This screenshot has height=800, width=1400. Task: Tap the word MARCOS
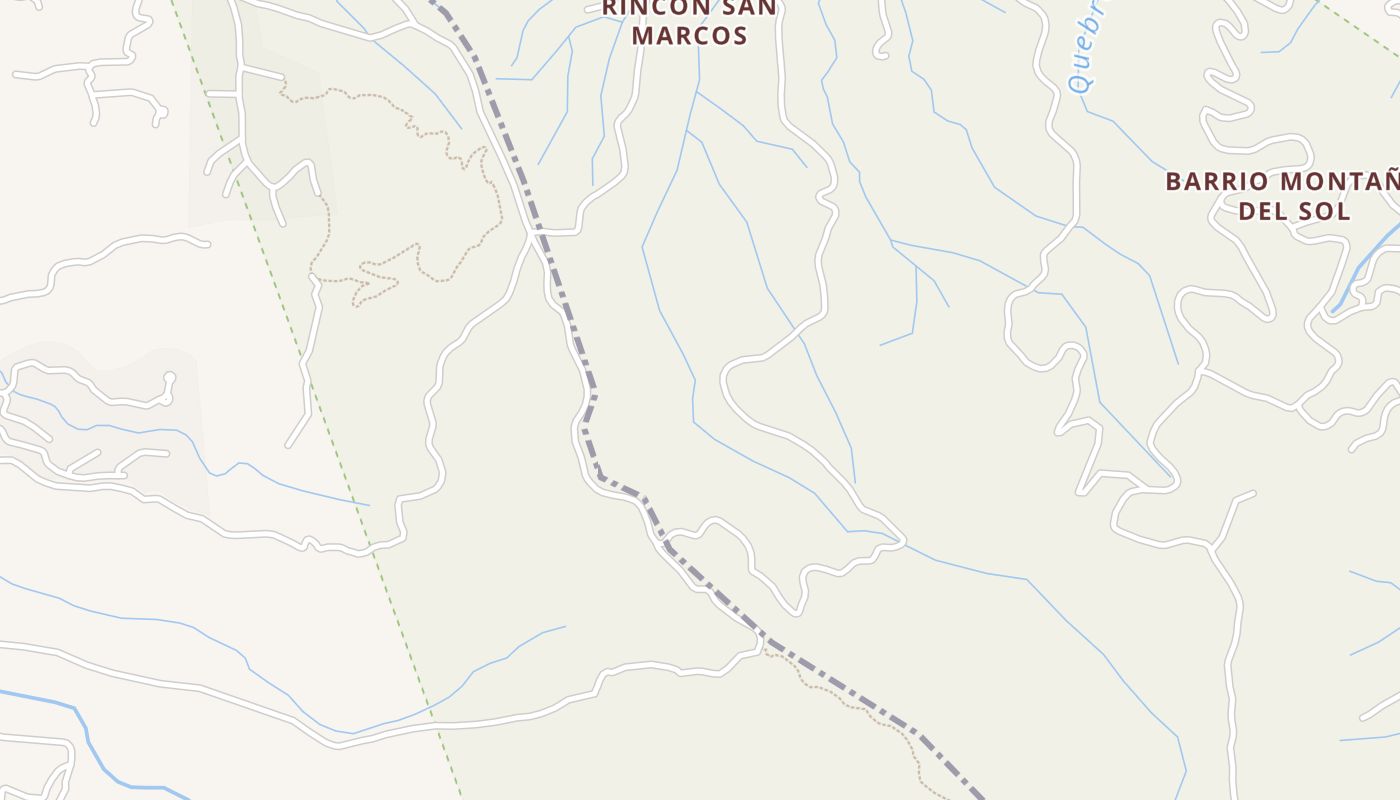pyautogui.click(x=690, y=36)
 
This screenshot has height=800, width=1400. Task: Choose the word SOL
pyautogui.click(x=1328, y=211)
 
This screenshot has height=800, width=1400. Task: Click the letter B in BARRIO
pyautogui.click(x=1174, y=182)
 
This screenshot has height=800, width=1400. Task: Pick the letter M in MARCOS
pyautogui.click(x=645, y=36)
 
